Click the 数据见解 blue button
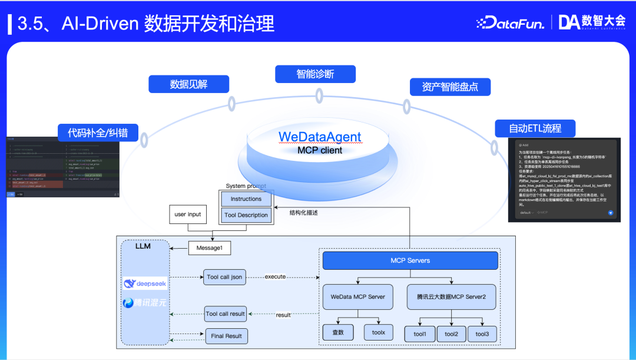[188, 84]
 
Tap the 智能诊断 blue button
[315, 74]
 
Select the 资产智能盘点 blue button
[450, 87]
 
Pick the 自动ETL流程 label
[535, 128]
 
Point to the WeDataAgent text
[320, 137]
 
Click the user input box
[188, 214]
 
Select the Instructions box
[246, 199]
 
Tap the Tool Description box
[246, 215]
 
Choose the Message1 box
[209, 249]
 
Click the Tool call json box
[224, 277]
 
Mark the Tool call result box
[225, 313]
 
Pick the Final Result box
[227, 336]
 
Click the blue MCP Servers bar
[410, 260]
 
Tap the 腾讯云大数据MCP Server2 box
[451, 297]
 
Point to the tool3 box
[482, 334]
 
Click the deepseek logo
[145, 283]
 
